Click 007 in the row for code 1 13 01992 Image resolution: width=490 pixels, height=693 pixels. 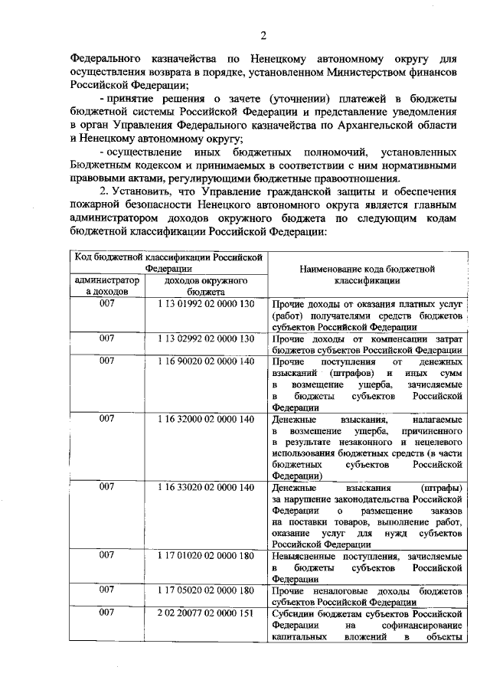click(x=107, y=303)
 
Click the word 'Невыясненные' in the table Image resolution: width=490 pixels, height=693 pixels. click(x=304, y=556)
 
